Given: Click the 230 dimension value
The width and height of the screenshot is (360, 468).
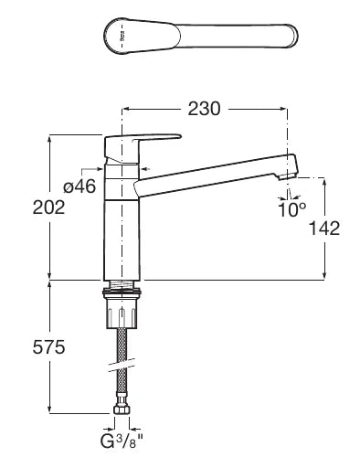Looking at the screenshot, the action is [204, 109].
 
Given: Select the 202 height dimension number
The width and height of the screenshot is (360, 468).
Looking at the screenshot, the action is [48, 207].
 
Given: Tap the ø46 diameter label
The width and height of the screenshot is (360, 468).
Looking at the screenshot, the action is [79, 186].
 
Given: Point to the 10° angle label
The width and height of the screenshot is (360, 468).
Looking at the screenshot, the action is [291, 209].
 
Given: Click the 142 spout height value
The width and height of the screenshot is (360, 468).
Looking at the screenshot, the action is [324, 229].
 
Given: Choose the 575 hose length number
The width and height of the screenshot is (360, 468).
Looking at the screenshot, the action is [48, 347].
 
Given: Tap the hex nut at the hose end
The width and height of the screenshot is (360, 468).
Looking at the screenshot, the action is [122, 409].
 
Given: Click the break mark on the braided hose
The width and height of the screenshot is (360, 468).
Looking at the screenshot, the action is [122, 365].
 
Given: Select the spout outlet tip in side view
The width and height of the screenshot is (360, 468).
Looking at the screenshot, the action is [288, 176].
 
